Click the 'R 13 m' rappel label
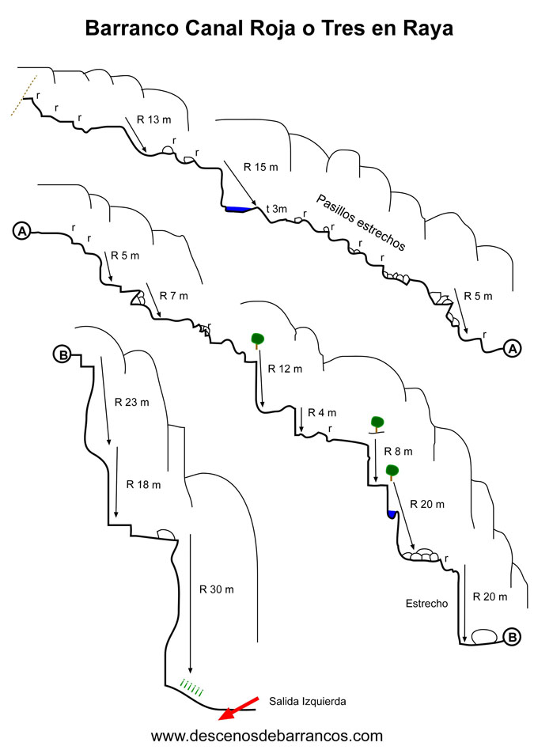point(153,119)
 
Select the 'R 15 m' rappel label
point(261,167)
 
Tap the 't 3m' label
point(277,209)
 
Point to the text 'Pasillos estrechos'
point(361,222)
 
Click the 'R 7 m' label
point(174,296)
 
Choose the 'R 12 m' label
point(285,369)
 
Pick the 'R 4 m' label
point(322,412)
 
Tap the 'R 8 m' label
point(398,451)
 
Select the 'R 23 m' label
point(131,402)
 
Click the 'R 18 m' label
point(143,484)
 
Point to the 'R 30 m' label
point(216,589)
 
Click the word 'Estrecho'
point(427,604)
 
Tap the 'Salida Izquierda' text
point(307,702)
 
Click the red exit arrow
point(238,708)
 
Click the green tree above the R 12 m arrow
point(257,340)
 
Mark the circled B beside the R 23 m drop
point(62,355)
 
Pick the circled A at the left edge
point(22,232)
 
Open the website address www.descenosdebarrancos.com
point(267,735)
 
